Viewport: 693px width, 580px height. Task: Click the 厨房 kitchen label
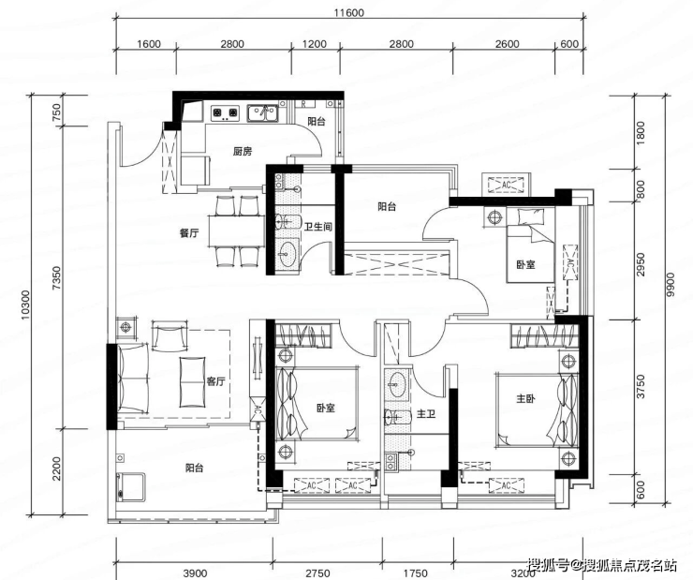coord(243,152)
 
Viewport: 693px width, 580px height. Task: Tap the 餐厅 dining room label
coord(189,233)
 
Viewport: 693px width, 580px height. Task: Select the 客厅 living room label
coord(215,381)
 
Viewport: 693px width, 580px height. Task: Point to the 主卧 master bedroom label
coord(525,399)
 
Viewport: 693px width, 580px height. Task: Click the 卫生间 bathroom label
coord(317,227)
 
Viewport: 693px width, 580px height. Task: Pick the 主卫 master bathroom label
coord(426,414)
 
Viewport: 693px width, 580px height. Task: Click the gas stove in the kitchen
coord(225,113)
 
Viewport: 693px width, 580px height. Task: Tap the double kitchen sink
coord(262,113)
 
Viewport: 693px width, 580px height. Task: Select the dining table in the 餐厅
coord(236,231)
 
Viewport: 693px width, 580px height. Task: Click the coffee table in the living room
coord(192,382)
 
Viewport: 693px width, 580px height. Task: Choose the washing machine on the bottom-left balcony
coord(131,487)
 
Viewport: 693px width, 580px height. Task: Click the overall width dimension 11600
coord(348,12)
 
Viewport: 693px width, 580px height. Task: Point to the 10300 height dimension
coord(25,305)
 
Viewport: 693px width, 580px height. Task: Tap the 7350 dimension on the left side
coord(57,277)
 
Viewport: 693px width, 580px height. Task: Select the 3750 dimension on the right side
coord(641,386)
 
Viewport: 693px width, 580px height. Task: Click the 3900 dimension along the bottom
coord(196,573)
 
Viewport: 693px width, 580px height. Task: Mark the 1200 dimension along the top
coord(315,44)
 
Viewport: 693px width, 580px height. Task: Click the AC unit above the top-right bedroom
coord(507,184)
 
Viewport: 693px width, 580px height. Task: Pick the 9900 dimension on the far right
coord(671,284)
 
